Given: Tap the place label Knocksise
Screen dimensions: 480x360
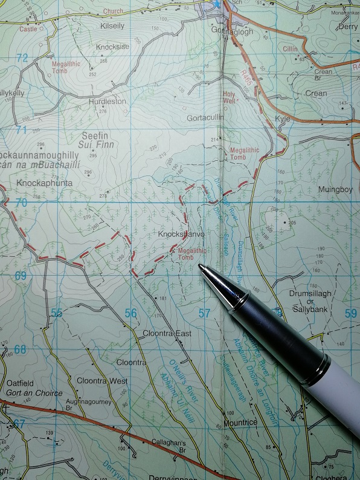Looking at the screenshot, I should (x=112, y=47).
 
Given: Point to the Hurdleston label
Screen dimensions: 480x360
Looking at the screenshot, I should (x=108, y=102).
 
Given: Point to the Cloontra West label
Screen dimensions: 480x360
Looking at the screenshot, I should (x=102, y=381).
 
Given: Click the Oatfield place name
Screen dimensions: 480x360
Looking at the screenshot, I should (x=22, y=383).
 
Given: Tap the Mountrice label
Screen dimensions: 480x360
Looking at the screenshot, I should (x=240, y=422).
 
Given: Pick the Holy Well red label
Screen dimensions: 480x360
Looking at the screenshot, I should (x=229, y=98).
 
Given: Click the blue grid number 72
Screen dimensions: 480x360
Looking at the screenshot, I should (x=22, y=59).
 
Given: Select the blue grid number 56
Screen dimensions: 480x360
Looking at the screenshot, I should (x=130, y=313).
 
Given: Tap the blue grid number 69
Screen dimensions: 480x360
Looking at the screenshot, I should (x=21, y=276).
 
